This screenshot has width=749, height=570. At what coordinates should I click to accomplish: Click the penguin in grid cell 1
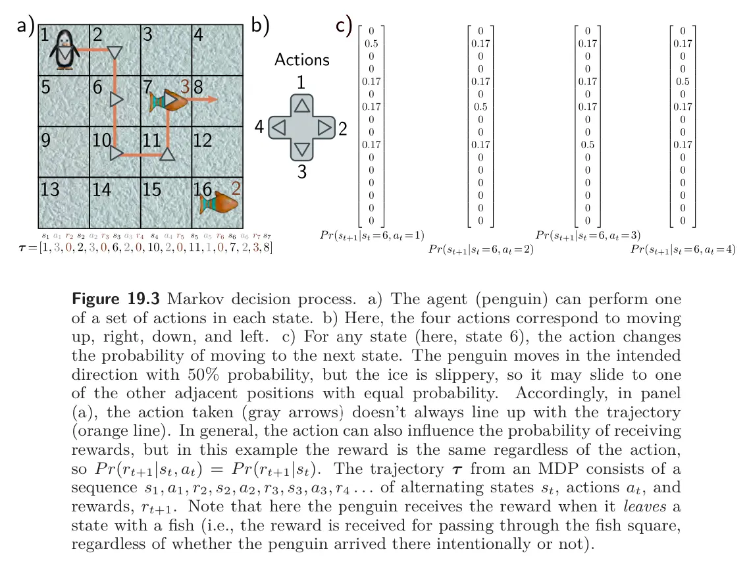point(65,49)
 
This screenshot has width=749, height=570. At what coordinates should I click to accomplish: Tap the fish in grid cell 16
point(221,202)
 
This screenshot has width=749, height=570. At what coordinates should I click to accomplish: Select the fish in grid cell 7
point(167,100)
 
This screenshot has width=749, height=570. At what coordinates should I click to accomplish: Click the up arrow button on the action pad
point(302,105)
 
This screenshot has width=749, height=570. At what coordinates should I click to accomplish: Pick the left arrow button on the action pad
point(279,128)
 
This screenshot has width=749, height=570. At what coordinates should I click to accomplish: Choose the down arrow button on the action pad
point(302,149)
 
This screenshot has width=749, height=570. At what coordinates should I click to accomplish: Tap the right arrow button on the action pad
point(324,128)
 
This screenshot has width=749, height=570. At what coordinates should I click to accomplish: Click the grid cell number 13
point(49,190)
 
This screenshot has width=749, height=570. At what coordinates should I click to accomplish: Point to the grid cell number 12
point(203,140)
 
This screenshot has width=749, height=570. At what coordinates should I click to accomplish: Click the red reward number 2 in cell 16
point(236,189)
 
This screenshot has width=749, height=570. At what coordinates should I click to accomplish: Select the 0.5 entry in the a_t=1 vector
point(371,43)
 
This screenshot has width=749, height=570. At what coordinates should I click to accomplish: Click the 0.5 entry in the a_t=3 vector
point(588,145)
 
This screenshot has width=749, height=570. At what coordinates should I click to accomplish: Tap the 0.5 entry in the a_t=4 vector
point(683,82)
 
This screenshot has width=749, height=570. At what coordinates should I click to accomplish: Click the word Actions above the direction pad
point(302,60)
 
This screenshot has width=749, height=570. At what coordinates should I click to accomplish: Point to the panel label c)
point(344,25)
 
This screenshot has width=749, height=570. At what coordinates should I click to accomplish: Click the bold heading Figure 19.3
point(116,299)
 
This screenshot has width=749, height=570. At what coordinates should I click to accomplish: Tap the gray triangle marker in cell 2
point(114,53)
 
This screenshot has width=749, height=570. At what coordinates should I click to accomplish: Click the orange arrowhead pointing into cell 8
point(213,99)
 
